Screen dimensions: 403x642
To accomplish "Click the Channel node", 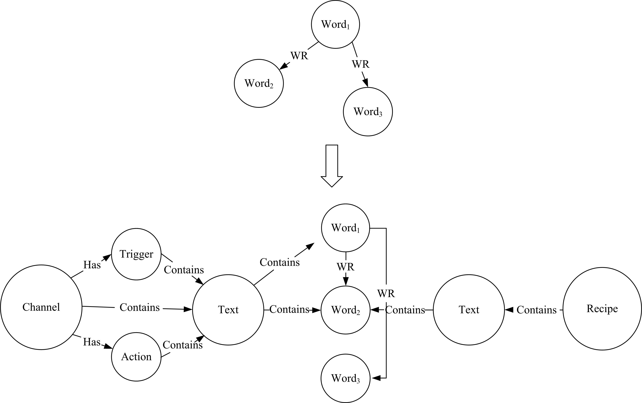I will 41,307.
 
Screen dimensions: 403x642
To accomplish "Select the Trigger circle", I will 136,254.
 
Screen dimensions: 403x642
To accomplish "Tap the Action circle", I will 136,357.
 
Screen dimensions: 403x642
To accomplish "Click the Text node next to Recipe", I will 469,310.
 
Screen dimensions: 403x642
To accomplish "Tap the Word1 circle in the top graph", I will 335,25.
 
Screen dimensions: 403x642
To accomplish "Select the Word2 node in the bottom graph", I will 346,310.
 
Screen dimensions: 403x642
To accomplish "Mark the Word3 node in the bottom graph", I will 346,378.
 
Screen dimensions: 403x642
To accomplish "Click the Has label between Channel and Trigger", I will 92,265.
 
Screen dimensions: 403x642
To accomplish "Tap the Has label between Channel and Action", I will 92,342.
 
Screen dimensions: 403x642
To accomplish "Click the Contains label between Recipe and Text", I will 536,310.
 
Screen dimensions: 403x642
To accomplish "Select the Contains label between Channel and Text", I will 139,307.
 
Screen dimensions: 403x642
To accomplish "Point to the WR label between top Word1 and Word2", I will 299,56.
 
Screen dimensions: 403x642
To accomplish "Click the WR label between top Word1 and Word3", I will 361,64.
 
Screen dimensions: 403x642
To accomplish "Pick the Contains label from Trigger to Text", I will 184,270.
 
